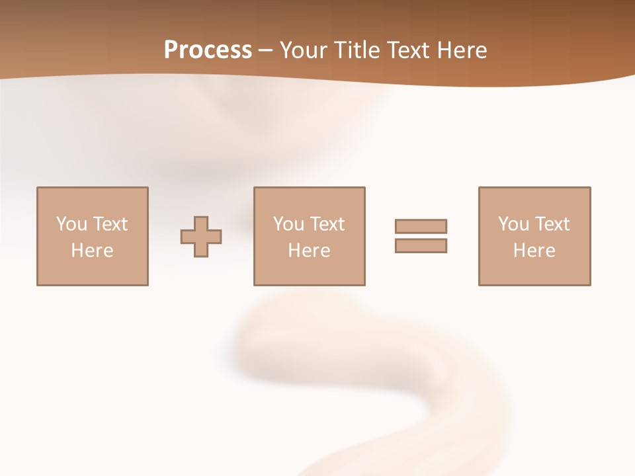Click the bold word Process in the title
point(208,50)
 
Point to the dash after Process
point(265,50)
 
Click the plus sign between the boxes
point(201,237)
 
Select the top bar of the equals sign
point(421,226)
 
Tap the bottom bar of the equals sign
point(421,245)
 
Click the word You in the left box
point(71,223)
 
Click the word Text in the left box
point(110,223)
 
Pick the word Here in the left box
point(92,251)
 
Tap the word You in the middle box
point(288,223)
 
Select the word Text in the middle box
point(327,223)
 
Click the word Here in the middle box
point(309,251)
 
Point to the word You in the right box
point(513,223)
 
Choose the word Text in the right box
point(552,223)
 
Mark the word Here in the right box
point(534,251)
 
